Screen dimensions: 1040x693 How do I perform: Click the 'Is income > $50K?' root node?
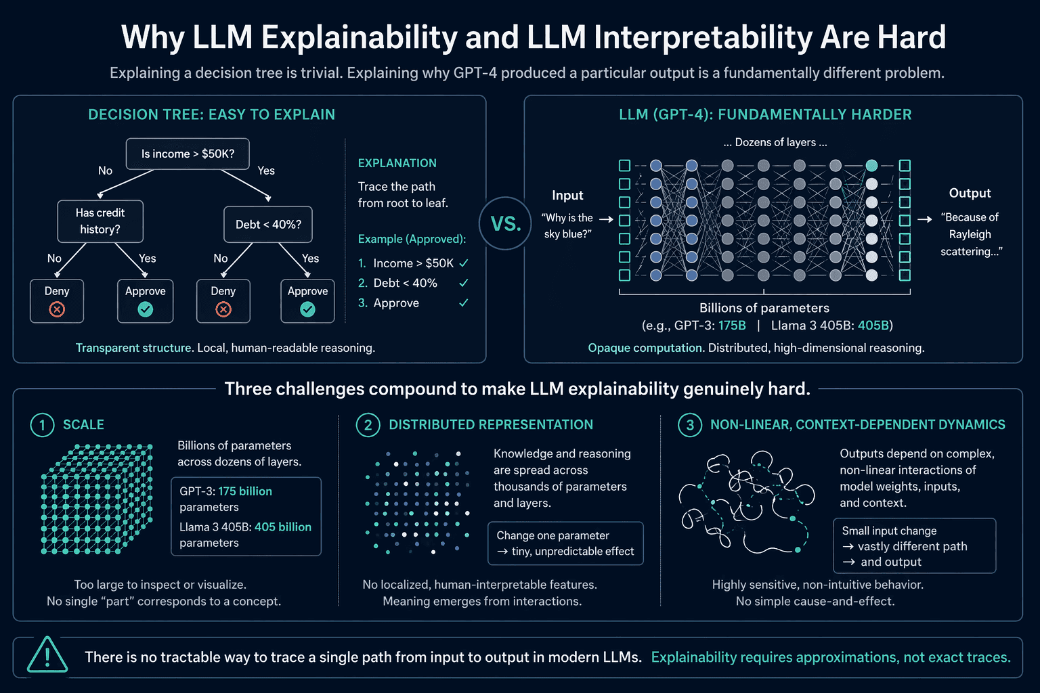[188, 154]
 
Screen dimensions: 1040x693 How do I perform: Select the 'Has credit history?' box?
[100, 221]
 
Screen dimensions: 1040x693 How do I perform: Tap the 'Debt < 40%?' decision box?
[268, 225]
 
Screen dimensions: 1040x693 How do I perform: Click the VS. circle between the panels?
[506, 224]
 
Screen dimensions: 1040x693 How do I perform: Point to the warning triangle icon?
[47, 655]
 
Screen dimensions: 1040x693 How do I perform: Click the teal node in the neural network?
[871, 165]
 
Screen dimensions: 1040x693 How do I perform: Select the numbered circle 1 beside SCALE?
[42, 425]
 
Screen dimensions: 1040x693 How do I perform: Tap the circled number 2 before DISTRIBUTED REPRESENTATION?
[368, 425]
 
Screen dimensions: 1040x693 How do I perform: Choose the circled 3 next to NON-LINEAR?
[690, 425]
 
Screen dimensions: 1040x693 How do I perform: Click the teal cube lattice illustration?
[97, 499]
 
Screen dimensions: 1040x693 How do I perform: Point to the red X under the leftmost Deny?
[57, 309]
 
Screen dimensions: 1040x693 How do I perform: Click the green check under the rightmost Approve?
[307, 309]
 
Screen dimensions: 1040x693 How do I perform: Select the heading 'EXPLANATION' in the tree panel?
[397, 163]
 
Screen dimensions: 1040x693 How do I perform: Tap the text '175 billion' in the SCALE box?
[245, 491]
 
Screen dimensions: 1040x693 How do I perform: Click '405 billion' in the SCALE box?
[283, 527]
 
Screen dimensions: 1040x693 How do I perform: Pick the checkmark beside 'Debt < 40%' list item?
[463, 283]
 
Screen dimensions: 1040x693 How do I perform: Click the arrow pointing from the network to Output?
[924, 219]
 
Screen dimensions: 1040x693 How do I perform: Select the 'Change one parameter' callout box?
[565, 543]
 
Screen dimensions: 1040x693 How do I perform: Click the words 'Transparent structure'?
[133, 348]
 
